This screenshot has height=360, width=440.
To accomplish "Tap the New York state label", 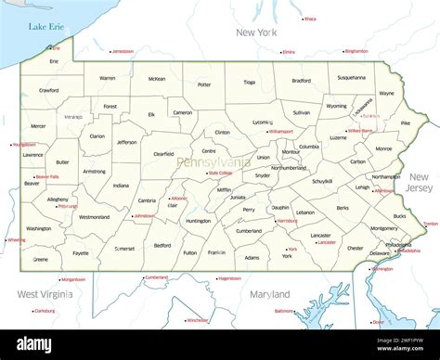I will point(256,32).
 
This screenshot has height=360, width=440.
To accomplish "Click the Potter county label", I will point(204,85).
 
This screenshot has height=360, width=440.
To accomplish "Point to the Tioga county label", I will point(249,82).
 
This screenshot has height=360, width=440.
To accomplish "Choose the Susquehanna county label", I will point(351,77).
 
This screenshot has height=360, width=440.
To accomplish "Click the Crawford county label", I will point(48,91).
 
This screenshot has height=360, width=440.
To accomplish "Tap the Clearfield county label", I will point(163,154).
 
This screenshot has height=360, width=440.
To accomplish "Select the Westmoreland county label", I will point(94,217).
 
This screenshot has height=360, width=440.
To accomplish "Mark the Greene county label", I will point(40,260).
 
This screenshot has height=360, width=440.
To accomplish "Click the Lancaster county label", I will point(320,235).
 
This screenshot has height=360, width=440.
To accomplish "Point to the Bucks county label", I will point(399,216).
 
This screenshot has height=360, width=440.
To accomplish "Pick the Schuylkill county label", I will point(322,181).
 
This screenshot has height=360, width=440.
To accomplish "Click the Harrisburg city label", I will point(287,221).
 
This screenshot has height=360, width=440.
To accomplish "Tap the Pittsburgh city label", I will point(67,206).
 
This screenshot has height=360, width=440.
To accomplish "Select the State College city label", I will point(220,174).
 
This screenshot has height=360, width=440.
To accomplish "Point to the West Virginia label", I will point(45,294).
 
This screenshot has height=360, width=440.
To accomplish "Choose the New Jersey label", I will point(419,183).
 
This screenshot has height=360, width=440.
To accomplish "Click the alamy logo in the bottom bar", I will point(36,345).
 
